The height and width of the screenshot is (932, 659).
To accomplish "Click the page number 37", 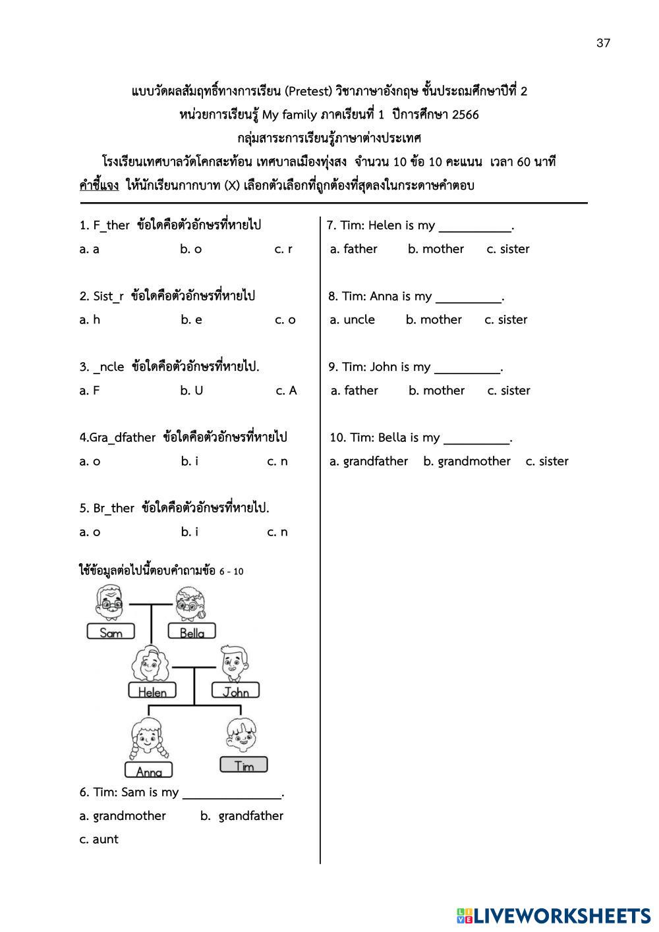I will (603, 43).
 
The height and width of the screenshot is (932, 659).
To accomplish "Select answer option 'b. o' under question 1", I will (190, 249).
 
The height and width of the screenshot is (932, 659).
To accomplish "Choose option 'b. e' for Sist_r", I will (191, 319).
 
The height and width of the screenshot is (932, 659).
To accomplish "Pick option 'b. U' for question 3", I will (191, 391).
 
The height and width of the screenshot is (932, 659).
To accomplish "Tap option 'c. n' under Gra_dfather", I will (277, 461).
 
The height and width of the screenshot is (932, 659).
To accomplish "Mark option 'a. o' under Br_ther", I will (90, 532).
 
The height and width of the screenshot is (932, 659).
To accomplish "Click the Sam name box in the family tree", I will (111, 632).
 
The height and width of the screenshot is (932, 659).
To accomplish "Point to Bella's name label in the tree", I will (192, 632).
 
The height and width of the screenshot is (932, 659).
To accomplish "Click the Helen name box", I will (152, 691).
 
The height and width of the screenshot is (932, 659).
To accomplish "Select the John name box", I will (235, 691).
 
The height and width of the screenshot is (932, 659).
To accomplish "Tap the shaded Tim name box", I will (244, 765).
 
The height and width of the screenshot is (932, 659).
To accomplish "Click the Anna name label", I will (149, 771).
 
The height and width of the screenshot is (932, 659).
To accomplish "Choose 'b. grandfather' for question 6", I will (242, 815).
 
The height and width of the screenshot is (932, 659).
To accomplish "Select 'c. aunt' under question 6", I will (99, 839).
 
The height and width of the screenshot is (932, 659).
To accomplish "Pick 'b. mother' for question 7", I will (436, 249).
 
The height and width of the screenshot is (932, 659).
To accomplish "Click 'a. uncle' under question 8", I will (353, 319).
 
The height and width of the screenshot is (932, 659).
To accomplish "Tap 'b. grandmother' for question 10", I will (467, 461).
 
